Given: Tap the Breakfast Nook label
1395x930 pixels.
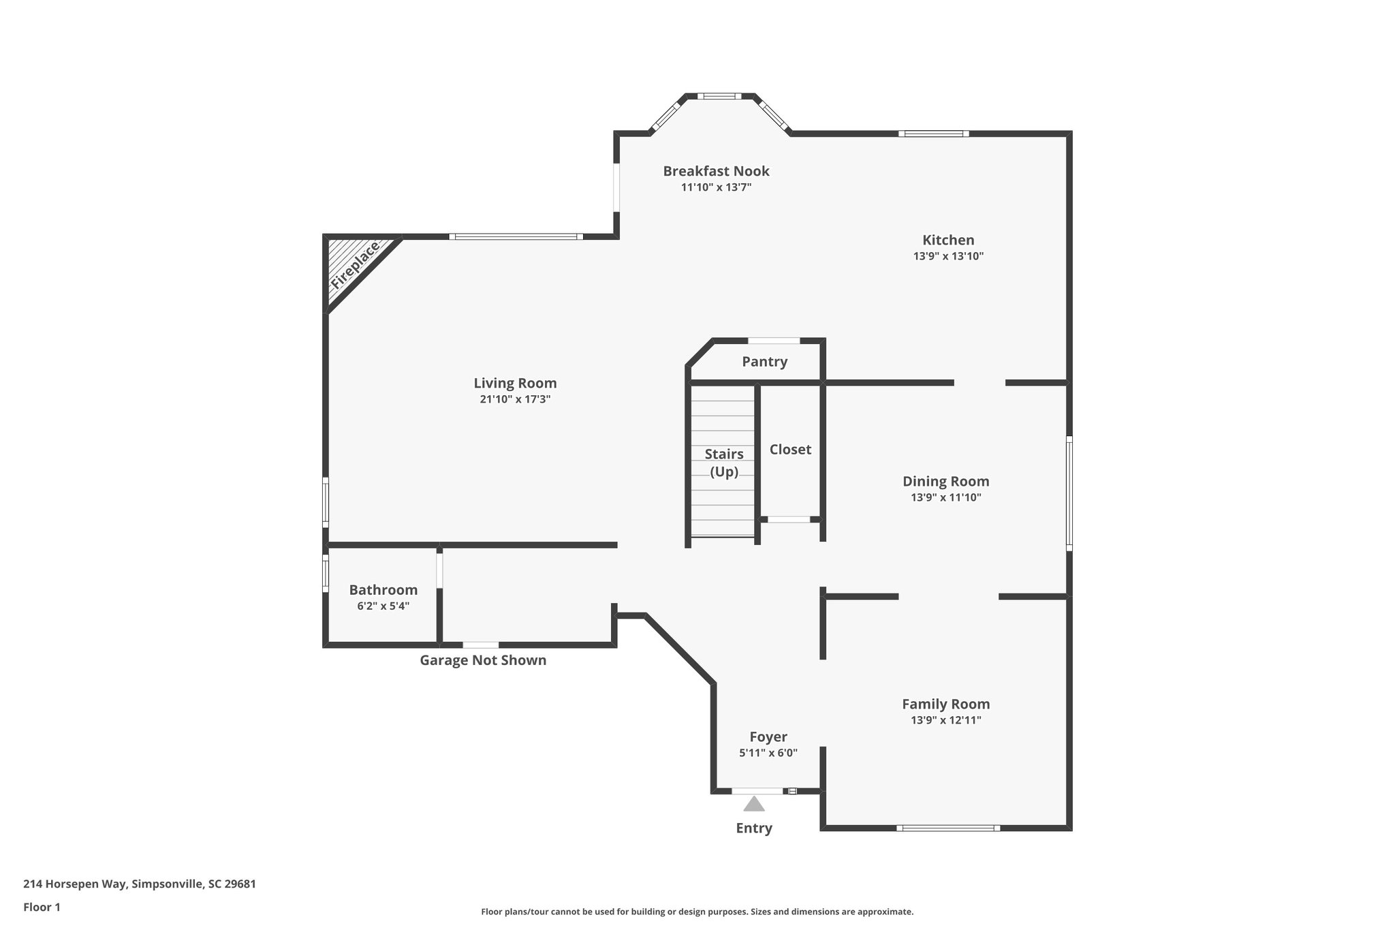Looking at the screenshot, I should tap(716, 171).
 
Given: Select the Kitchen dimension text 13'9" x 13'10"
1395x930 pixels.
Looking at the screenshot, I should tap(948, 256).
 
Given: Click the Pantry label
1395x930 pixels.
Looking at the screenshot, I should tap(764, 362).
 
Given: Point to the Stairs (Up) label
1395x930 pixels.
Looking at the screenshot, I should tap(723, 463).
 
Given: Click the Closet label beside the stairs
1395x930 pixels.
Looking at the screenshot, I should tap(790, 450).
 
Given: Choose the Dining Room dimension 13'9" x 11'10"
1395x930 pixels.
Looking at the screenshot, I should tap(945, 497).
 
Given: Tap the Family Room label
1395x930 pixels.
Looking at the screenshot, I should tap(945, 704).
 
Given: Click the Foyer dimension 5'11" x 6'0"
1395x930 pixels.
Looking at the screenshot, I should tap(768, 753).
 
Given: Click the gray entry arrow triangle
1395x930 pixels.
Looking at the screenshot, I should tap(753, 805).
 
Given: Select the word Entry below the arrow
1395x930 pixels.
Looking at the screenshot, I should tap(753, 828).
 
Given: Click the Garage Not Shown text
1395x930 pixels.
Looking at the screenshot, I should tap(482, 660).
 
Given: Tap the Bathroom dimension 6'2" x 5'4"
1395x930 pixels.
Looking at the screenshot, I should tap(383, 606).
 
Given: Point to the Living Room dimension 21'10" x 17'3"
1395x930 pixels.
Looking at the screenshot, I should tap(515, 399).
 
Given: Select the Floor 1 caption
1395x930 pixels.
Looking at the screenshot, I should tap(42, 907).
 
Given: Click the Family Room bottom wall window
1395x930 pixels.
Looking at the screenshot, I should tap(947, 828).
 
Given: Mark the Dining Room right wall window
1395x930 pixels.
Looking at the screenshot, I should tap(1069, 493).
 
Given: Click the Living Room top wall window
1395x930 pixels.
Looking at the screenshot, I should tap(516, 236).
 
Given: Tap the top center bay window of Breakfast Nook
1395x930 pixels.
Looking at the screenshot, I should tap(719, 96).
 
